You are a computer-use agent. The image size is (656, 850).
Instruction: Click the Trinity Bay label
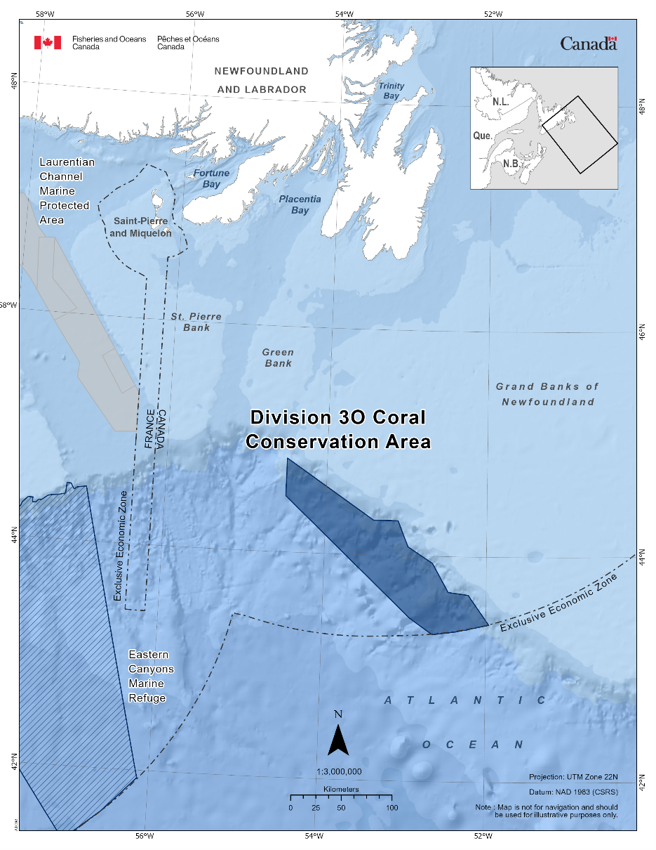tap(391, 91)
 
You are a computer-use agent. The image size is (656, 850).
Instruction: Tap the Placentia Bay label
tap(300, 204)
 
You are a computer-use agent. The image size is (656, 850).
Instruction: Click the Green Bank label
tap(278, 358)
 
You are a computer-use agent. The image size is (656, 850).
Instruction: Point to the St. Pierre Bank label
tap(196, 322)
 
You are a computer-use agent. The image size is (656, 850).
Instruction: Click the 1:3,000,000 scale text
tap(339, 771)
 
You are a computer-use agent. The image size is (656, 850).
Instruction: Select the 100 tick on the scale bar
tap(391, 807)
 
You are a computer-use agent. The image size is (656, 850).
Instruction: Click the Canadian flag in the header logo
tap(48, 43)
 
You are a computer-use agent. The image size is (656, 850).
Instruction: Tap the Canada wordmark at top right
tap(588, 44)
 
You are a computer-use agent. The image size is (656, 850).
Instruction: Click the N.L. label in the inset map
tap(500, 102)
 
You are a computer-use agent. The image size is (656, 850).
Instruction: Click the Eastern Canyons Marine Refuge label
tap(151, 676)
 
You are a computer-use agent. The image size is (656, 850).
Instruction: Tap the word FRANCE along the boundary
tap(149, 427)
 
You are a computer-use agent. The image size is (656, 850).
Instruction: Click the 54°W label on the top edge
tap(343, 13)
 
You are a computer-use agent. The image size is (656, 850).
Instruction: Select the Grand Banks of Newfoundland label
tap(547, 394)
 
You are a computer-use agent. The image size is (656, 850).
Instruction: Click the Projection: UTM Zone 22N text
tap(573, 777)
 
